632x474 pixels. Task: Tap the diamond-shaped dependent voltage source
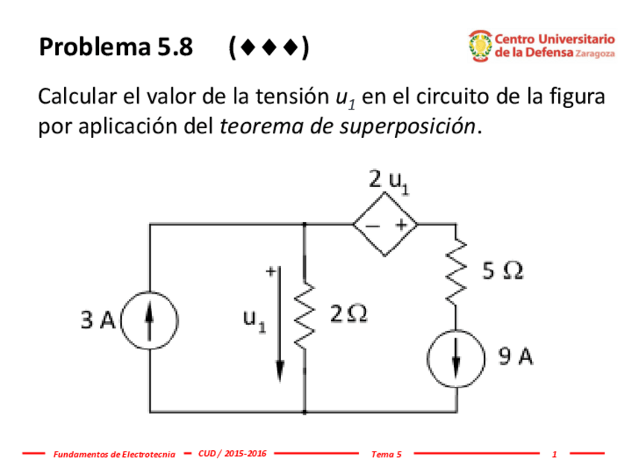[385, 224]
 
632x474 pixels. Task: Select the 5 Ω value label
[502, 272]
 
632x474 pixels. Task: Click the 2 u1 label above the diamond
[388, 180]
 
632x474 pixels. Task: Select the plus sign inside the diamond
[400, 224]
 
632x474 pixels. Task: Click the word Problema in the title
[94, 48]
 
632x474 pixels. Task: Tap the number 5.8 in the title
[174, 48]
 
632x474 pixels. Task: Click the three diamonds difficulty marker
[270, 48]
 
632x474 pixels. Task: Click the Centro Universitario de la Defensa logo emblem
[478, 45]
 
